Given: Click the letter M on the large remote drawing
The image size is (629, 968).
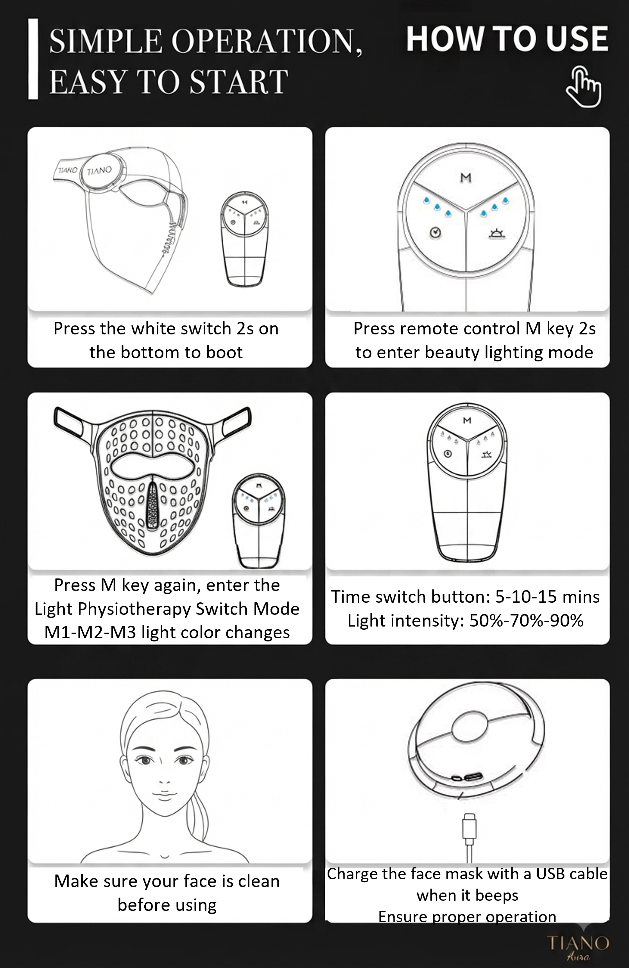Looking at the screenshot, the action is (466, 178).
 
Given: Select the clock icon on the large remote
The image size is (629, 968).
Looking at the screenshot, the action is (436, 233).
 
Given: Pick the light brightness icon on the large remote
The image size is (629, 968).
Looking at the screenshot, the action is (497, 233).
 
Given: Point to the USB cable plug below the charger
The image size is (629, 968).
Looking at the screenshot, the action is (469, 826).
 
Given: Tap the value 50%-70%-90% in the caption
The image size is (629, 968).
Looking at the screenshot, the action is (526, 621).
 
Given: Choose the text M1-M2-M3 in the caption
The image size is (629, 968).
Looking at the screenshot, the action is (90, 632).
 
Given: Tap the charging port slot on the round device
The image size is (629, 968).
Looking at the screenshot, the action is (473, 776).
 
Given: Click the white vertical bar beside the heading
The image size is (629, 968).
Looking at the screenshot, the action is (33, 59).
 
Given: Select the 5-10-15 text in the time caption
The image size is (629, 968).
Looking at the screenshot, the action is (526, 597).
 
